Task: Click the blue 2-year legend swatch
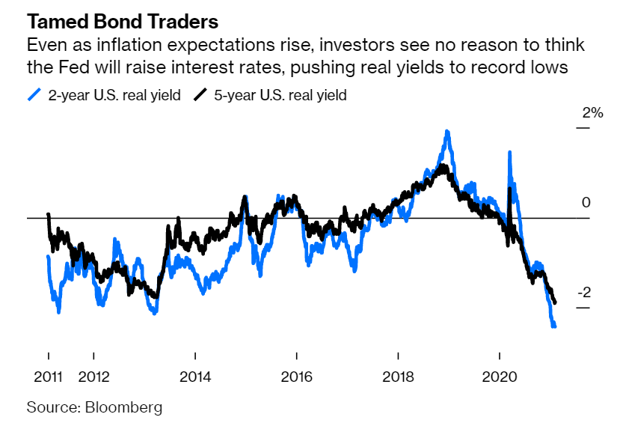[x=33, y=95]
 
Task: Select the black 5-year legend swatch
[x=200, y=95]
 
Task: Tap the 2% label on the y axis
[x=592, y=113]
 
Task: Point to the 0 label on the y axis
[x=586, y=203]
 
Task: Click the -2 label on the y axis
[x=588, y=293]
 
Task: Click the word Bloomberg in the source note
[x=124, y=408]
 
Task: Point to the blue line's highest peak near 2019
[x=447, y=132]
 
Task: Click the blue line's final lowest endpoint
[x=554, y=326]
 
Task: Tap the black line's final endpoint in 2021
[x=555, y=302]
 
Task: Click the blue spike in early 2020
[x=509, y=153]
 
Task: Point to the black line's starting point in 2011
[x=48, y=215]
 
